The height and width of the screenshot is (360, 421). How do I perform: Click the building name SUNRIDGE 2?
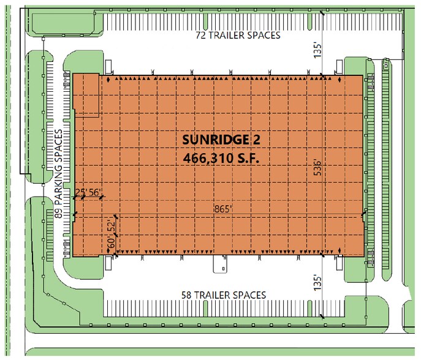(x=221, y=140)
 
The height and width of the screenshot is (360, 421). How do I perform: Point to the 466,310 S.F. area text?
(x=221, y=157)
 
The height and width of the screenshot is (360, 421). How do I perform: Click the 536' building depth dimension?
(x=317, y=167)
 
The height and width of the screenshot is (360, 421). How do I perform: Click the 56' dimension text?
(x=96, y=192)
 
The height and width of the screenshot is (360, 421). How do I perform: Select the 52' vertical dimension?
(x=112, y=227)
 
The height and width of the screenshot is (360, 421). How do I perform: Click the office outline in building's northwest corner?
(x=86, y=95)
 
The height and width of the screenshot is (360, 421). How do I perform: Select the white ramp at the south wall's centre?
(x=220, y=264)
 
